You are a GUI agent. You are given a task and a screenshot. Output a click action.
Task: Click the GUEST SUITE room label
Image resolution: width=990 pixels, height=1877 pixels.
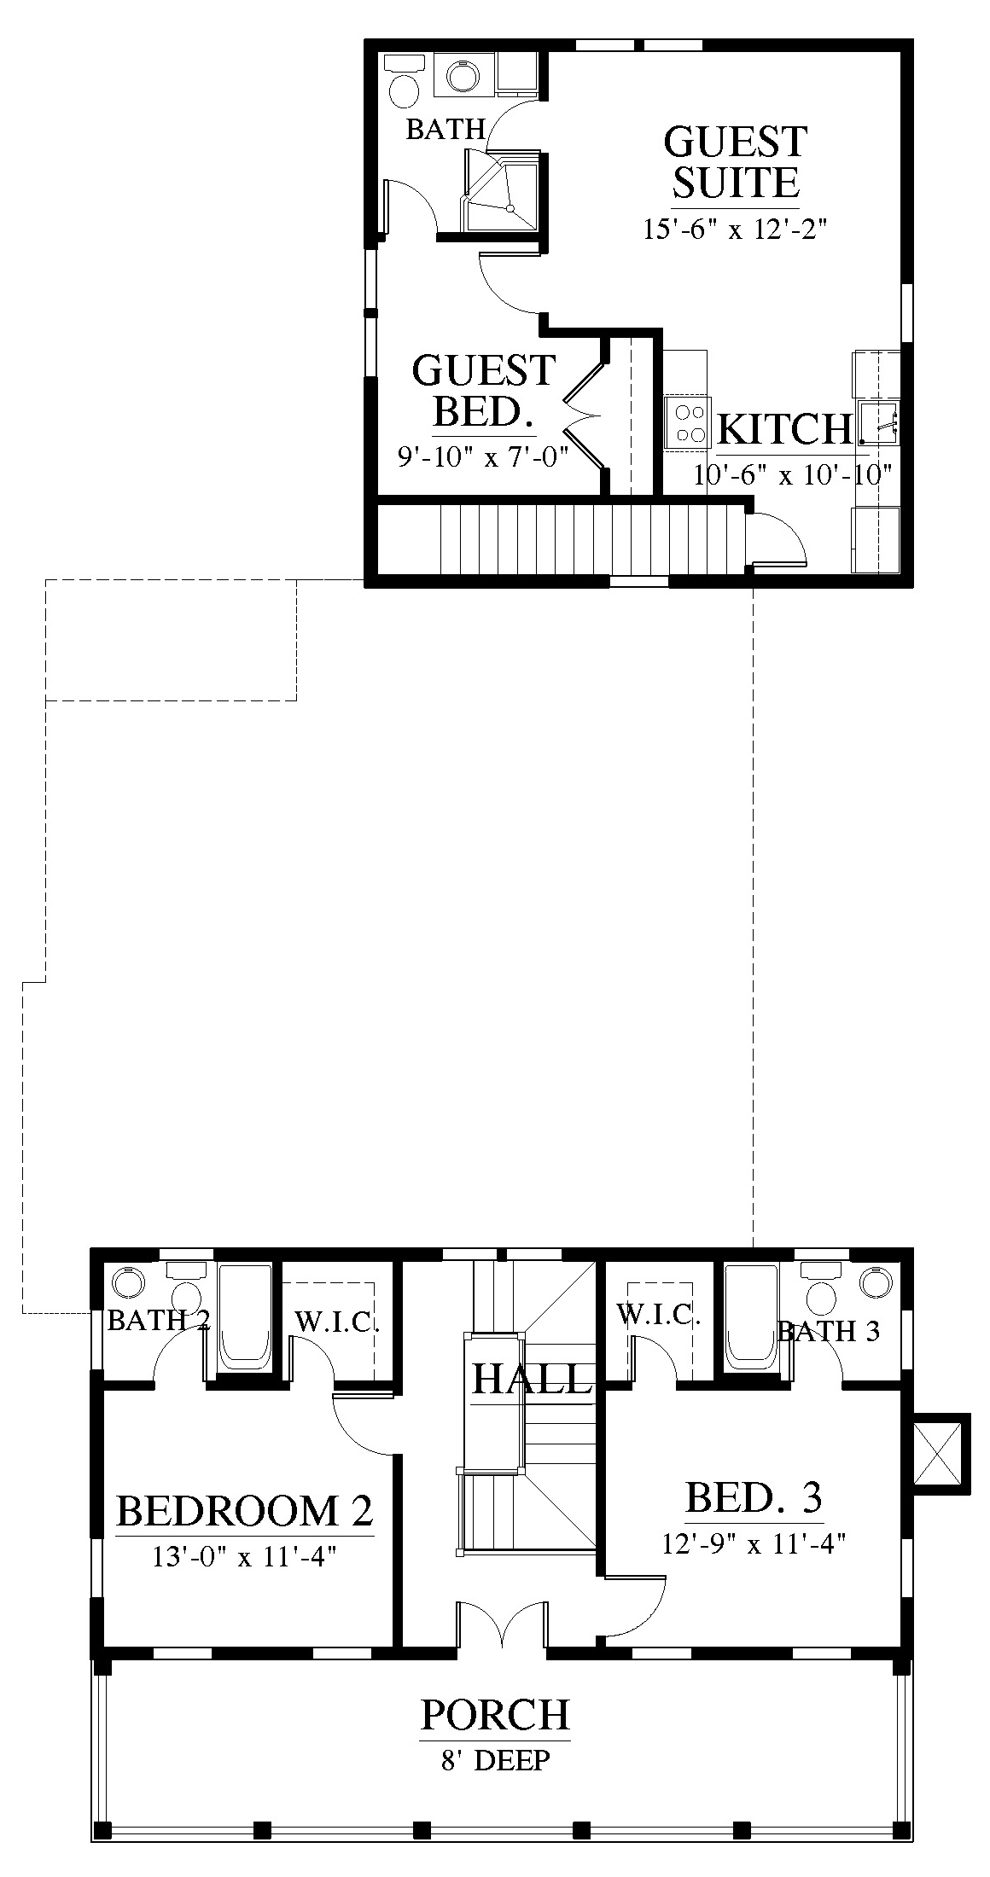coord(735,161)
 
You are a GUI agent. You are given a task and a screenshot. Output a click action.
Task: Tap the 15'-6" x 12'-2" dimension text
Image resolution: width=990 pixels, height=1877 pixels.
coord(736,230)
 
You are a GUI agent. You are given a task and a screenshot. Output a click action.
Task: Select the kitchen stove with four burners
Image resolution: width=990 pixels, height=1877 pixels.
coord(688,423)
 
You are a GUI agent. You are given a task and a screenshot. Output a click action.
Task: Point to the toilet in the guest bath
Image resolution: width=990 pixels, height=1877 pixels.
coord(402,80)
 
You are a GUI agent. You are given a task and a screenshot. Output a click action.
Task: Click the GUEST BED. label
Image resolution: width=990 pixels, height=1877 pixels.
coord(484,391)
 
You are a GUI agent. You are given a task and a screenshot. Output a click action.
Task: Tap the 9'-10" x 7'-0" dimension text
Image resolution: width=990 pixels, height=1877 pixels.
coord(483,456)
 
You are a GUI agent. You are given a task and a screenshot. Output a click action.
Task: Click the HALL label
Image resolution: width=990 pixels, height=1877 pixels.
coord(532,1378)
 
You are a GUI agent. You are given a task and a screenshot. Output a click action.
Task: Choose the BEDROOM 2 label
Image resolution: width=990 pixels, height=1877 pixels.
coord(245,1510)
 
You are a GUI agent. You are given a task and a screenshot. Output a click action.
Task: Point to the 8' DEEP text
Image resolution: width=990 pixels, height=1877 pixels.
coord(495,1759)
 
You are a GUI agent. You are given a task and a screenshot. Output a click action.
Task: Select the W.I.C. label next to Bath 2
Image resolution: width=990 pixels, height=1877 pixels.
coord(337,1322)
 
